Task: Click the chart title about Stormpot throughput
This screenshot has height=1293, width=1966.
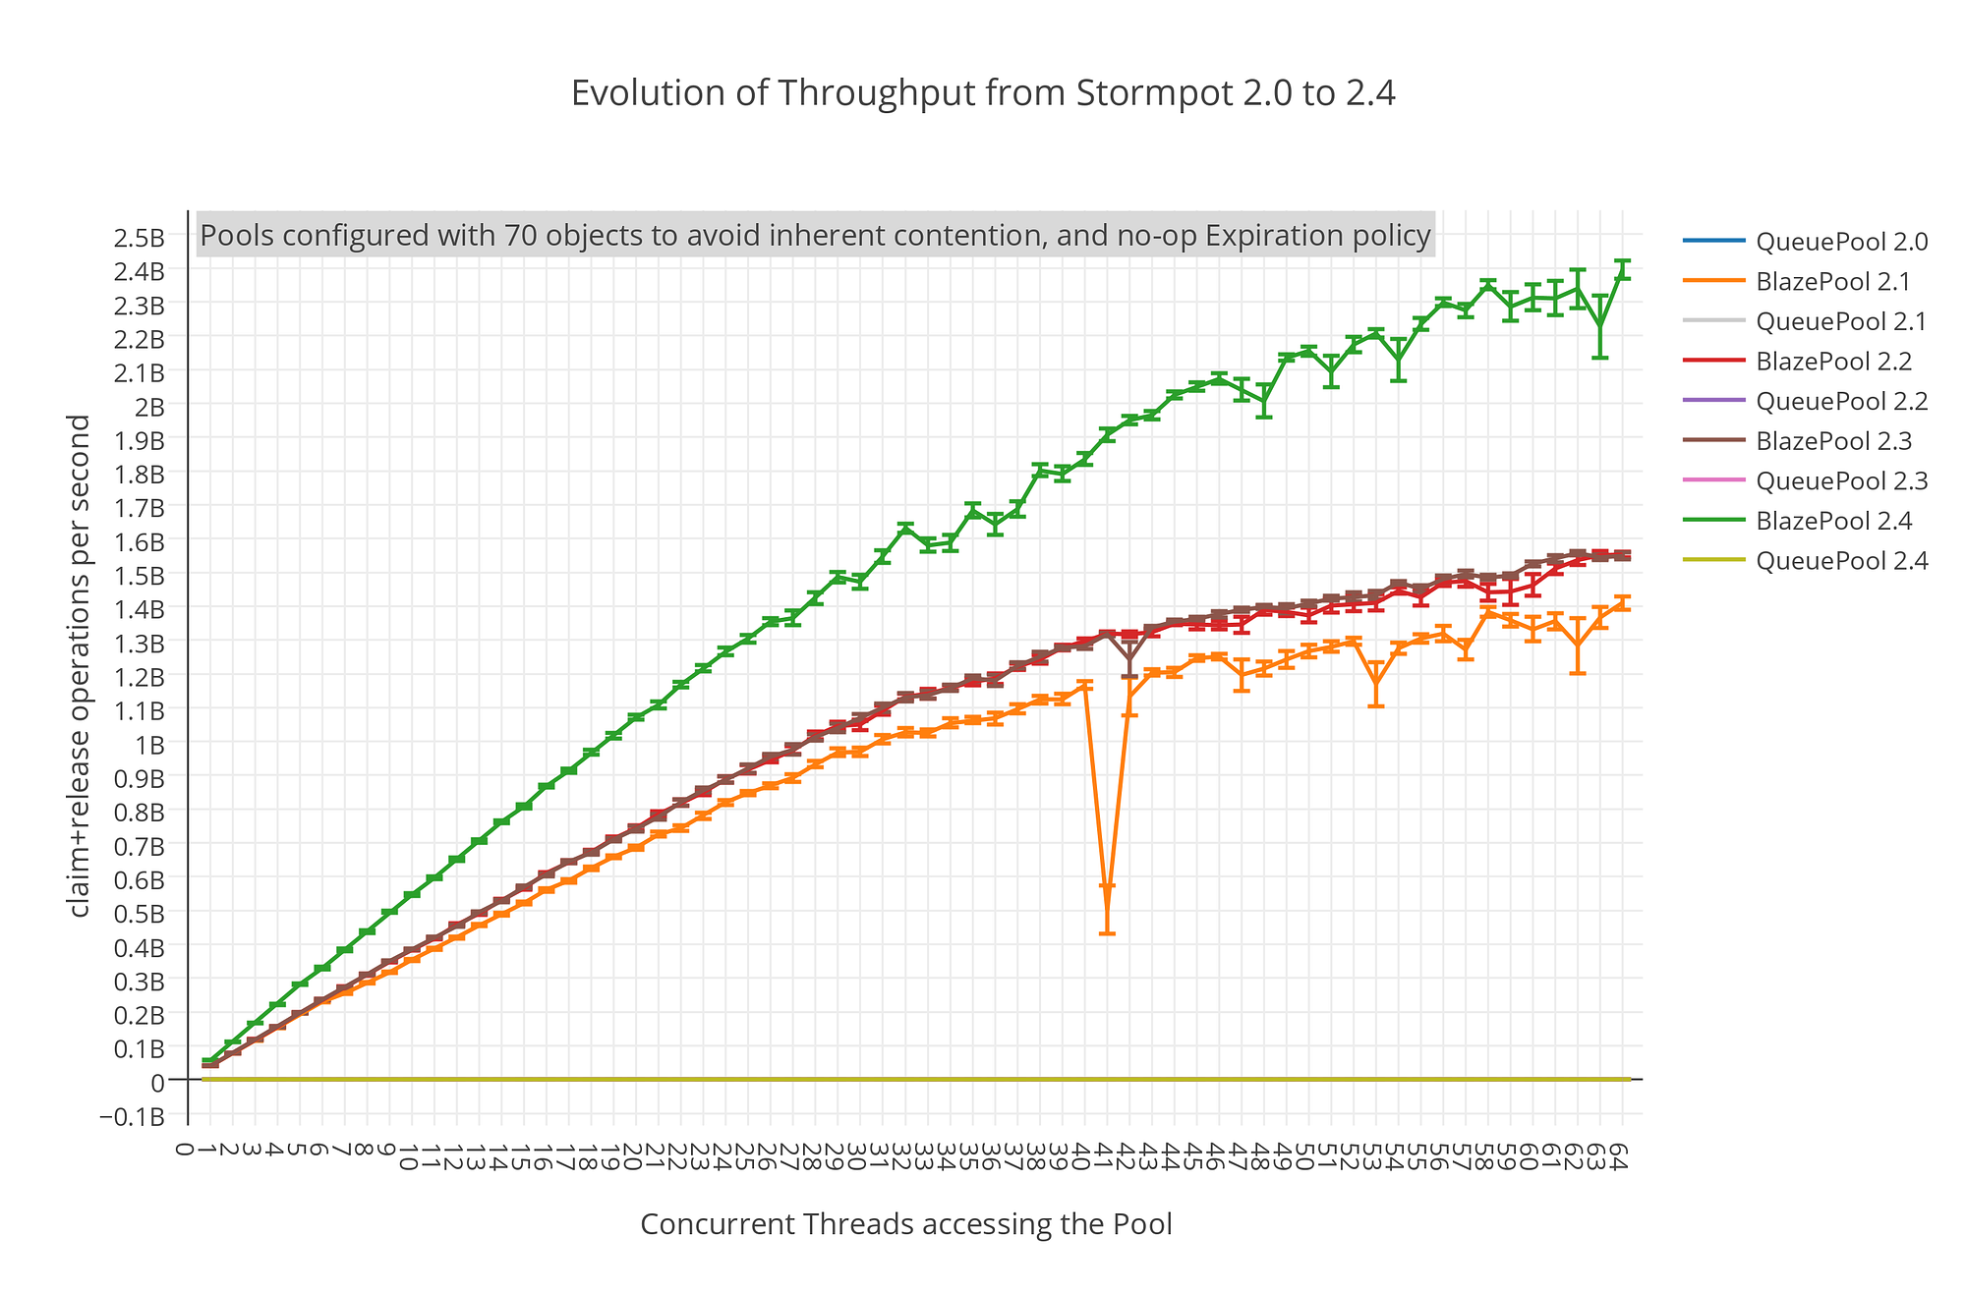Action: tap(983, 93)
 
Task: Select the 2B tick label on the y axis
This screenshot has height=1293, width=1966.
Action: tap(150, 406)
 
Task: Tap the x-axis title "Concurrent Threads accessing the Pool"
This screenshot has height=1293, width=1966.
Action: tap(905, 1224)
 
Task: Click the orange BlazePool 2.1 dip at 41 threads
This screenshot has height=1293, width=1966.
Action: tap(1107, 886)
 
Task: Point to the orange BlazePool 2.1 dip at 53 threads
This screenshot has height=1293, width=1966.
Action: tap(1376, 685)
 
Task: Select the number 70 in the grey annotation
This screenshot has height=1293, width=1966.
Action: tap(518, 236)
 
